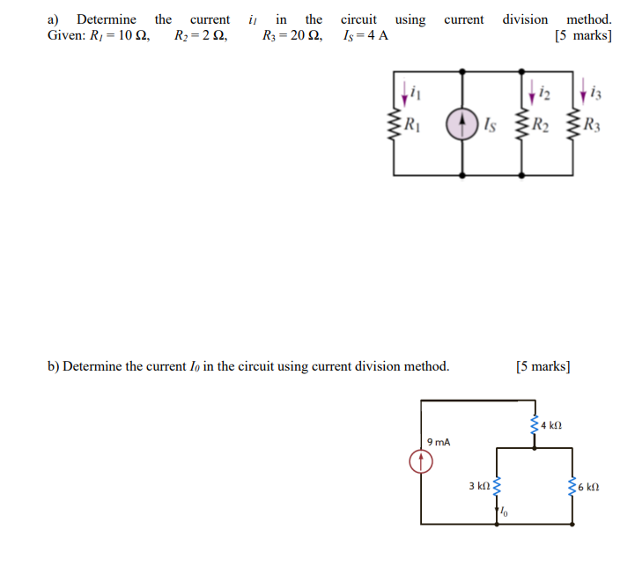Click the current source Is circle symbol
[x=461, y=125]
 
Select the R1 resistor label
[x=412, y=124]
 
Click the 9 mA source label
[x=438, y=442]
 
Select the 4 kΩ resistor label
[x=551, y=426]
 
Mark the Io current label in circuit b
[x=505, y=511]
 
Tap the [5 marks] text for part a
[x=582, y=35]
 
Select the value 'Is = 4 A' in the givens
[x=367, y=35]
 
